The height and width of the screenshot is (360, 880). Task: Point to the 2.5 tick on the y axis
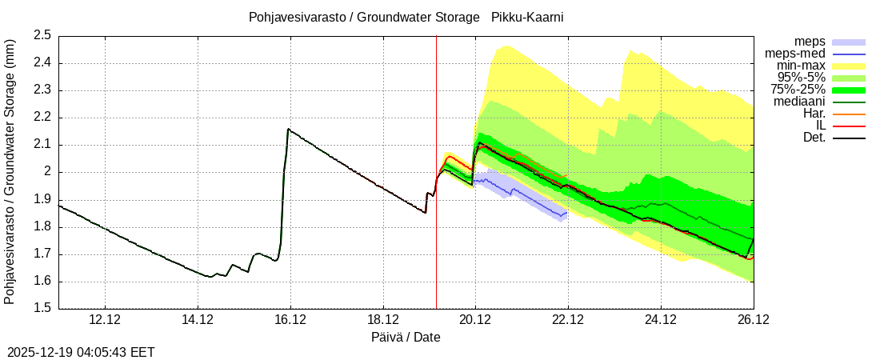42,35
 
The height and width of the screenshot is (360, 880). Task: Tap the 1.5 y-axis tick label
42,309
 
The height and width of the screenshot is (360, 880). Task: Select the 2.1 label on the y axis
42,145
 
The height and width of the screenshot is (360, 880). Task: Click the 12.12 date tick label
105,320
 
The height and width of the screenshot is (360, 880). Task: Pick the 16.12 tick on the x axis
290,320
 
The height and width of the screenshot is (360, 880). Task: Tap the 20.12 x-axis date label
475,320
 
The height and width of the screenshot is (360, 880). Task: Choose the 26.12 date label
753,320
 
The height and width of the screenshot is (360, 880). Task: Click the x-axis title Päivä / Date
406,337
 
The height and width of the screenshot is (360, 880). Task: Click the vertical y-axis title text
10,171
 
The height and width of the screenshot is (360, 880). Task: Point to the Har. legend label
814,114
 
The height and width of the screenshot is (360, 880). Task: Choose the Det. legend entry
814,138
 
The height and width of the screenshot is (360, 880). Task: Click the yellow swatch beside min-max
849,66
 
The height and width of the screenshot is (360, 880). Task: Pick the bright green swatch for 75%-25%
849,90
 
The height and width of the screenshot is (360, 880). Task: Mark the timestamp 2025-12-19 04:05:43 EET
81,352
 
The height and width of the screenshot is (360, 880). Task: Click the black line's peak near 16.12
288,129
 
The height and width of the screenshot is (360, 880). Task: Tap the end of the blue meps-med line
566,213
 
